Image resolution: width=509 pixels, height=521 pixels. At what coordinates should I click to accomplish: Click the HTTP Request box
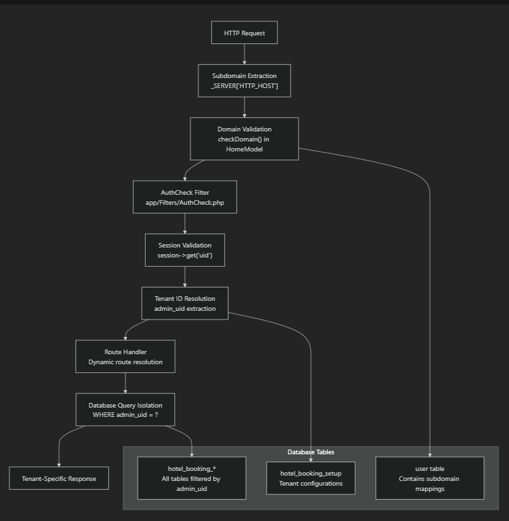tap(244, 33)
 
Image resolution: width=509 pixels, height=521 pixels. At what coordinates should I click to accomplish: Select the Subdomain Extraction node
tap(244, 81)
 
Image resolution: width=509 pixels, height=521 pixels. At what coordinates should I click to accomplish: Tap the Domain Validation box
tap(244, 139)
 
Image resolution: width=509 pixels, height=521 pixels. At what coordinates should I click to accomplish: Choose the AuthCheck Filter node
tap(185, 197)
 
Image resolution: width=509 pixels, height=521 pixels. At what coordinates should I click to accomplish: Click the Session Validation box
tap(185, 250)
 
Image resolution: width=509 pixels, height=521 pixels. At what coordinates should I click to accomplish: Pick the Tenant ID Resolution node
tap(185, 304)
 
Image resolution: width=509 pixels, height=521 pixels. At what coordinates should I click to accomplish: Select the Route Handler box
tap(126, 357)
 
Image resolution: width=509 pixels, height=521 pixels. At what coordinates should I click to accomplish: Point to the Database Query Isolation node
tap(126, 409)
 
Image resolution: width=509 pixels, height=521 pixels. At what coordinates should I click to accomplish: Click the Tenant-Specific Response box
tap(59, 478)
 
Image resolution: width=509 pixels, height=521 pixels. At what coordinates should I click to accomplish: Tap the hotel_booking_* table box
tap(192, 478)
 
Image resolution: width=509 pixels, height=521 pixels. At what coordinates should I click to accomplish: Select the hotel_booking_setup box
tap(311, 478)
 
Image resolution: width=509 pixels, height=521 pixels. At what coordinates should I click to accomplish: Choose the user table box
tap(430, 478)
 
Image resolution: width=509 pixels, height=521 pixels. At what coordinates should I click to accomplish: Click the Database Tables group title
tap(311, 452)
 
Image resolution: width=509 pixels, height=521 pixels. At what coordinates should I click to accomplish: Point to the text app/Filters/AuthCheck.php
tap(185, 202)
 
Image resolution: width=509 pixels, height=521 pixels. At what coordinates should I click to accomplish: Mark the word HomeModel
tap(244, 150)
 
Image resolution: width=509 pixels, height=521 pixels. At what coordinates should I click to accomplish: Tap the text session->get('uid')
tap(185, 256)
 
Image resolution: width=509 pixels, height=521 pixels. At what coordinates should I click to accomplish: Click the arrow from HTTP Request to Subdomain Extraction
tap(244, 54)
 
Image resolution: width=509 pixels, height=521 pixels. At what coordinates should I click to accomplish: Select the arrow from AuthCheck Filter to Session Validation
tap(185, 223)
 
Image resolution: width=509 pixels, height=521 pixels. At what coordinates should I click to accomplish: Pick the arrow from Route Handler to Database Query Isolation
tap(126, 384)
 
